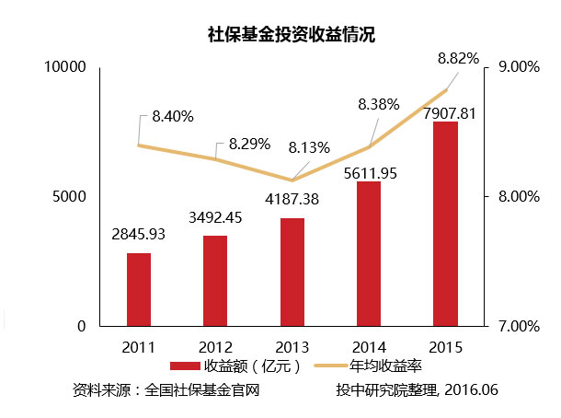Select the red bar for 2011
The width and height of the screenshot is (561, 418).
click(x=139, y=289)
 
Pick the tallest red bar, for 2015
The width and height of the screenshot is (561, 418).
click(x=446, y=224)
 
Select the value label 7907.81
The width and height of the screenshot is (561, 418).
click(x=448, y=112)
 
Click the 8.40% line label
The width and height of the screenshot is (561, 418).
click(x=173, y=117)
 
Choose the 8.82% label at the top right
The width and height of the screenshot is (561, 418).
click(x=458, y=58)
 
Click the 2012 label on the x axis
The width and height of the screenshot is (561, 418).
click(x=215, y=347)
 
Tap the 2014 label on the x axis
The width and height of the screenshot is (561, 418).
click(x=369, y=347)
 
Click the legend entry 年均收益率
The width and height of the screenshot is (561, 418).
click(x=385, y=366)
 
